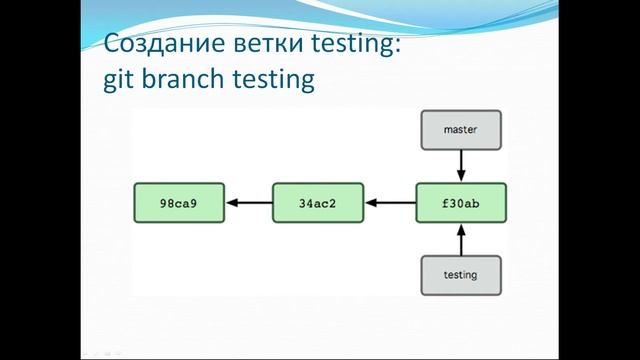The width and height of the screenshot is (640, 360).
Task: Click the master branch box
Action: coord(460,129)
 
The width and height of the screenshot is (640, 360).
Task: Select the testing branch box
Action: coord(460,273)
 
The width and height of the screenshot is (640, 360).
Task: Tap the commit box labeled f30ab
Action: coord(460,203)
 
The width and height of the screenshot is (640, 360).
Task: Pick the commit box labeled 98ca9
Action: coord(177,203)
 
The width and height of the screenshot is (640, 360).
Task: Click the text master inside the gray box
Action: coord(460,129)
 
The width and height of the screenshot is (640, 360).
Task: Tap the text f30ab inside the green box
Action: coord(460,203)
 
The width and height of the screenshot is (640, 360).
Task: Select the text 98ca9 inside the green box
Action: coord(177,203)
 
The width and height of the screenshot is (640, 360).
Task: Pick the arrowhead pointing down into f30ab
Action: coord(460,176)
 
